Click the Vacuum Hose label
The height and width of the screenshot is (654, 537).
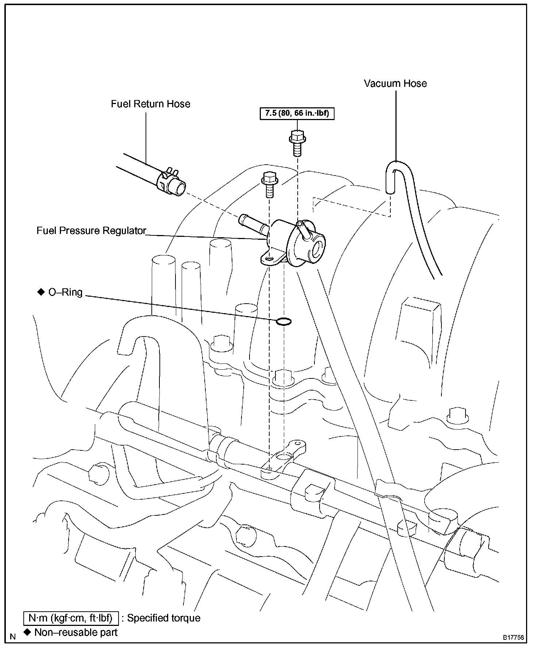[395, 84]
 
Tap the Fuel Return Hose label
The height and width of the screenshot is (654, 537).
[150, 104]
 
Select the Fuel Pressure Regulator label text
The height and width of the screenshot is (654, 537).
[91, 231]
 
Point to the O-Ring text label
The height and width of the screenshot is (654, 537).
[65, 292]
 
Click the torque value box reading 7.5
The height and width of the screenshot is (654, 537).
[297, 114]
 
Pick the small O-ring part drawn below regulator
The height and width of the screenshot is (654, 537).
[283, 321]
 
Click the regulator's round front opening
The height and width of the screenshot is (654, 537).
[318, 250]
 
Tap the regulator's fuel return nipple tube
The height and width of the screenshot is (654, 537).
[252, 225]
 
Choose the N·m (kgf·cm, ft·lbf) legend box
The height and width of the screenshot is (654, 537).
[71, 618]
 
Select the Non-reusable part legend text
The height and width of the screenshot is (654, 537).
[76, 632]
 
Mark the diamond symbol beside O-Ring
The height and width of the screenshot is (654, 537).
[40, 292]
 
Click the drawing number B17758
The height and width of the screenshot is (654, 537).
[514, 638]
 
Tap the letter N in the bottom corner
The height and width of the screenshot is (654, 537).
[13, 637]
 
